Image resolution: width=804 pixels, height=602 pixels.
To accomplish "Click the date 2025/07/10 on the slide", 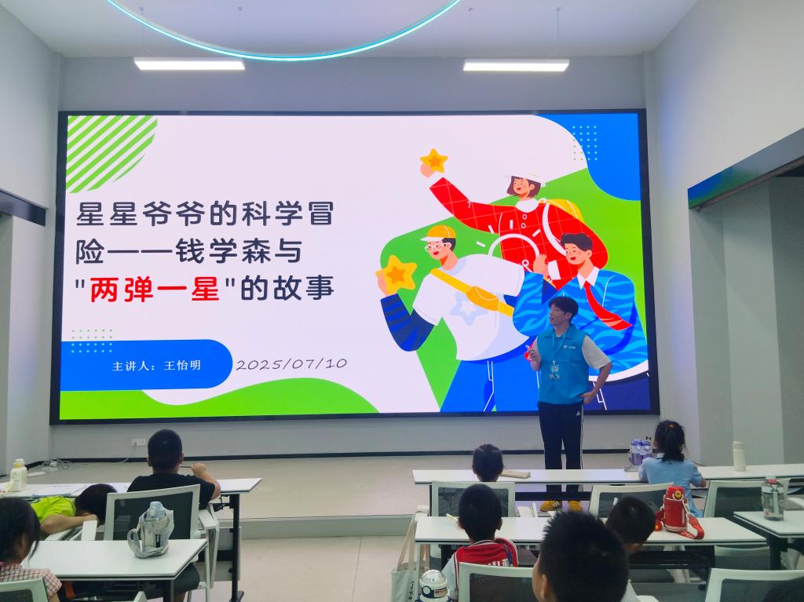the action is [291, 364].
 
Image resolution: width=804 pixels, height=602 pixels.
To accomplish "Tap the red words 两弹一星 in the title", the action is [155, 289].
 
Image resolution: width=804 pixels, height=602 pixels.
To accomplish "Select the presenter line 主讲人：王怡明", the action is [156, 366].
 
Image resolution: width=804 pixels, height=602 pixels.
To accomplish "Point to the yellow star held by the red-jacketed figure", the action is [433, 160].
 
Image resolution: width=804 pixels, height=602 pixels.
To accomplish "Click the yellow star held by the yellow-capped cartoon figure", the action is [397, 274].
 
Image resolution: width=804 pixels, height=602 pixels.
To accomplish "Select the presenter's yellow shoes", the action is [561, 505].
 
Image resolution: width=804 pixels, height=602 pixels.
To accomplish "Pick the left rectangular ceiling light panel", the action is [189, 64].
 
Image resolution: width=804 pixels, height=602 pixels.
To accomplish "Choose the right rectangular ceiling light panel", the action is [516, 65].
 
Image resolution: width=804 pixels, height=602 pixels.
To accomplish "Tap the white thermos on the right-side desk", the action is [738, 455].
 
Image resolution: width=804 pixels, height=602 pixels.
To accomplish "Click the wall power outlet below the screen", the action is [138, 442].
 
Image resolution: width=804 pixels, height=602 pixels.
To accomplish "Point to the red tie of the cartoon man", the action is [605, 305].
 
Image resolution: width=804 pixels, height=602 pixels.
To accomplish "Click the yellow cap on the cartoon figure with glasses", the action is [438, 233].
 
